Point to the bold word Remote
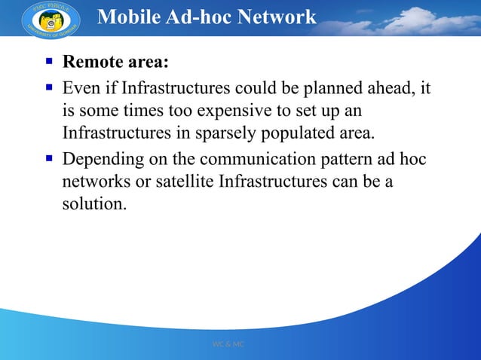click(90, 62)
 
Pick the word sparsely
click(241, 135)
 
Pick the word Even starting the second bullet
click(78, 88)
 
